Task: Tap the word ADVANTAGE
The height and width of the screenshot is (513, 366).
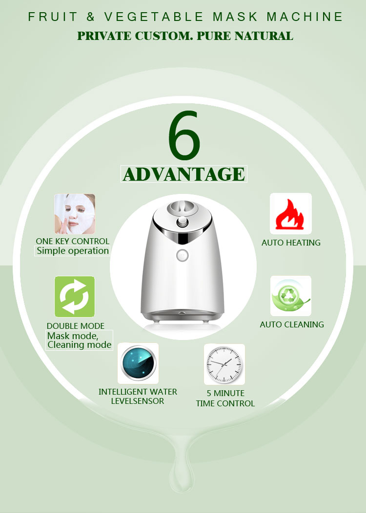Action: pos(183,174)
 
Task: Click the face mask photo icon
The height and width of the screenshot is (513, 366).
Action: pos(75,214)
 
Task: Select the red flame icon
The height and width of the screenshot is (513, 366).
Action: pos(291,214)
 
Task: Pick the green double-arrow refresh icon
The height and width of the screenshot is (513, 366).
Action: pos(75,297)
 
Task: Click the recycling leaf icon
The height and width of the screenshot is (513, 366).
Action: pos(291,296)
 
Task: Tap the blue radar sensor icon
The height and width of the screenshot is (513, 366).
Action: pos(138,363)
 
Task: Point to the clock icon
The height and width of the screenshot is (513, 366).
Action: pos(224,364)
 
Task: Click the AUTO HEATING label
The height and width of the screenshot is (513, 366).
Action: pos(291,243)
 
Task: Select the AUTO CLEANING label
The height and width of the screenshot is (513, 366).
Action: pos(292,324)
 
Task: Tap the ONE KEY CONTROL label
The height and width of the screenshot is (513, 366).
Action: pos(73,241)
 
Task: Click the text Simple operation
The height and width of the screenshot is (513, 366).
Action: pos(73,251)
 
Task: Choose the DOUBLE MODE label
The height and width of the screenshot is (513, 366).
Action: pos(76,326)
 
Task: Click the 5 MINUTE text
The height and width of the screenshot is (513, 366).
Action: pos(225,393)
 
